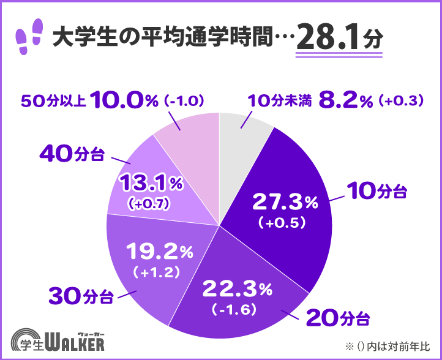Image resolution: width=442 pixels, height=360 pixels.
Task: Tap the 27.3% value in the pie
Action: pyautogui.click(x=285, y=200)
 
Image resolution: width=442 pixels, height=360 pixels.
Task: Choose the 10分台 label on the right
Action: pyautogui.click(x=376, y=191)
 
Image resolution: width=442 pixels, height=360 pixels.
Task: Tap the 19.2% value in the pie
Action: pyautogui.click(x=159, y=250)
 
